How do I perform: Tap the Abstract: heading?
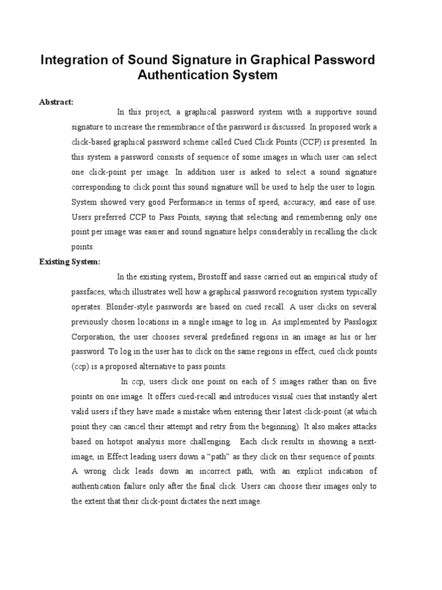(x=56, y=102)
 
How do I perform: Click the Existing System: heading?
(x=70, y=262)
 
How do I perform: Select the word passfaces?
(x=88, y=292)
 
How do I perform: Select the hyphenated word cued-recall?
(x=186, y=396)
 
